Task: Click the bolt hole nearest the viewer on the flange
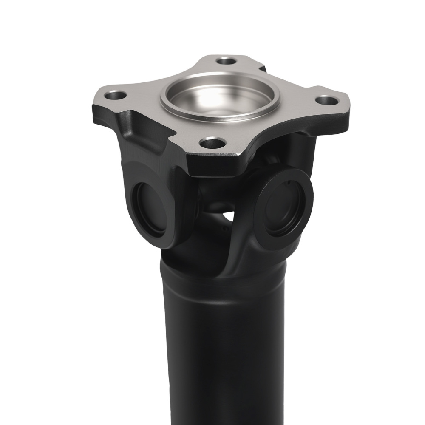pyautogui.click(x=211, y=144)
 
